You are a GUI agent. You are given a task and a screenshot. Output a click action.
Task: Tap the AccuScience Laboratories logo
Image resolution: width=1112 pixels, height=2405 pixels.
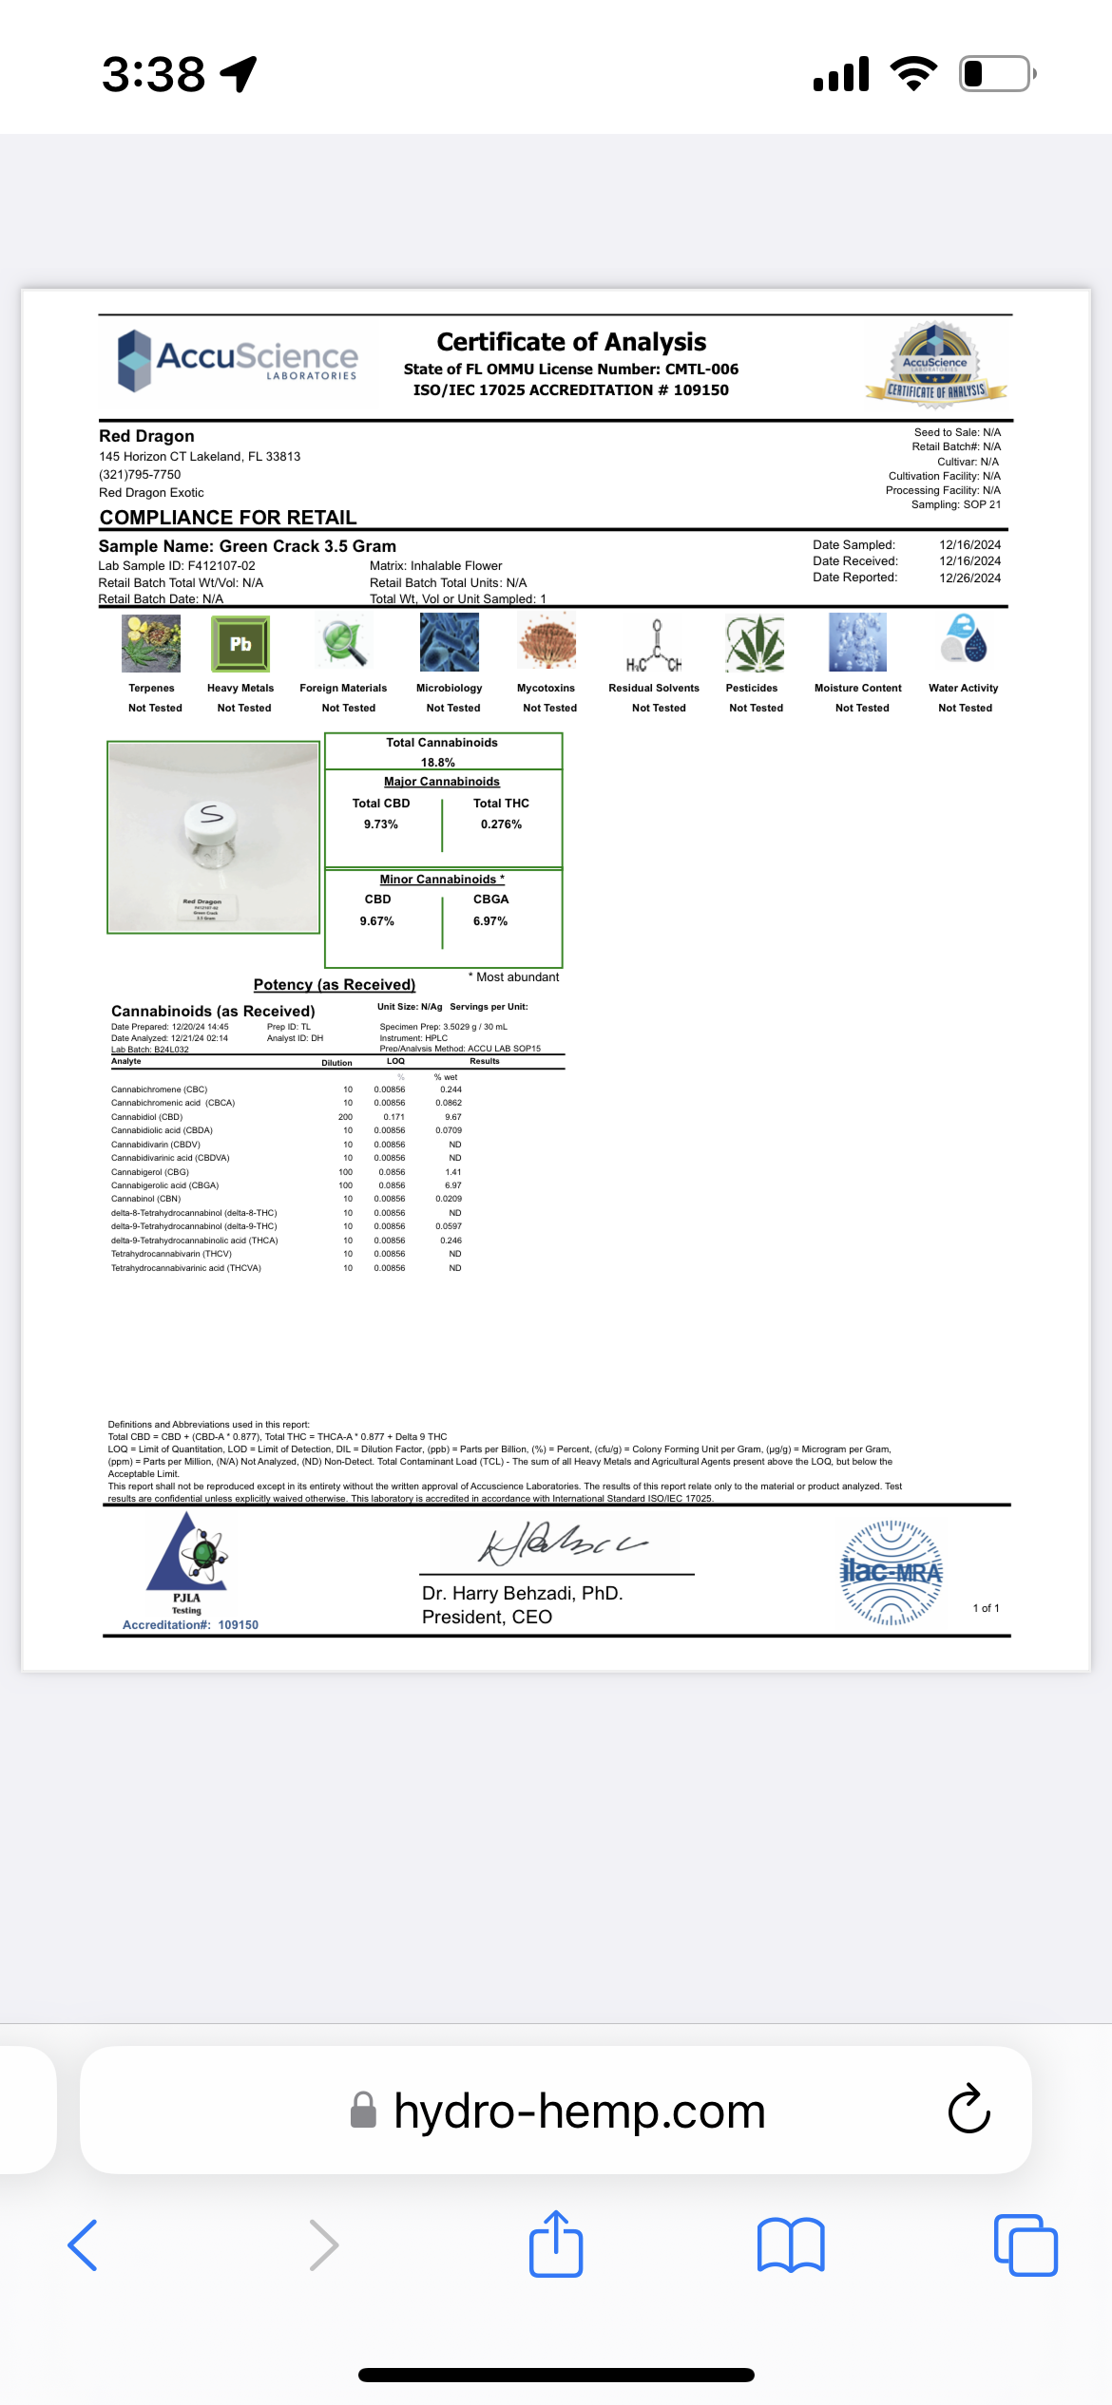[x=238, y=360]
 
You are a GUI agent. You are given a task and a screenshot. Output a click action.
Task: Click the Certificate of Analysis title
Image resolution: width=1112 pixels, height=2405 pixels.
[x=571, y=342]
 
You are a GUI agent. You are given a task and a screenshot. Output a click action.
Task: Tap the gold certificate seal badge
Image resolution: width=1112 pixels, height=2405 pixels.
[x=935, y=366]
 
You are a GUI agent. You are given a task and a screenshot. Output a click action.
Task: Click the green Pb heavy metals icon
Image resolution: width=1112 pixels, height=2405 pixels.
[x=240, y=643]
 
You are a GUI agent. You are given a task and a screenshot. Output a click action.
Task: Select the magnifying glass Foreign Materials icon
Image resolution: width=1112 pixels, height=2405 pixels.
[x=343, y=643]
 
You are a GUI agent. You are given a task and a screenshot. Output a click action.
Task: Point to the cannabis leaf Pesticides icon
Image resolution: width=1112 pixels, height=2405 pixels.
[x=755, y=643]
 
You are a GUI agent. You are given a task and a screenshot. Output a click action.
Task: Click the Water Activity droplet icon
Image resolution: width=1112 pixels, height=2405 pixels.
[x=964, y=638]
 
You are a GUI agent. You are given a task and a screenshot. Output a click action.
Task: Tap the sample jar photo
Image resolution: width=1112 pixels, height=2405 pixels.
[x=213, y=837]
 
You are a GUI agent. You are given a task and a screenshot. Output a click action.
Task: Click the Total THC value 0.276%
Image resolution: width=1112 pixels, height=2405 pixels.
[x=501, y=824]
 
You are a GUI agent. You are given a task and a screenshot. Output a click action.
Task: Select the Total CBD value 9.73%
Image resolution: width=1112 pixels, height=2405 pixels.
[x=380, y=824]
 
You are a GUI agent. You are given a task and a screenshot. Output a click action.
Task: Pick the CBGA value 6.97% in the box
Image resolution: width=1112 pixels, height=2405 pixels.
[x=490, y=921]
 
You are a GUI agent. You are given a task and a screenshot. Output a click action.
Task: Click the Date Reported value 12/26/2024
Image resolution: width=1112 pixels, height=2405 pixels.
[x=969, y=578]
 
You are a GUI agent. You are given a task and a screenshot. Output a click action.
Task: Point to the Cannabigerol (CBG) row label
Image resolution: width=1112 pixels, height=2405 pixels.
[x=150, y=1172]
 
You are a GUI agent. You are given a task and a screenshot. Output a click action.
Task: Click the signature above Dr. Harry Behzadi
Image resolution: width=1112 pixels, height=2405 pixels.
[x=561, y=1542]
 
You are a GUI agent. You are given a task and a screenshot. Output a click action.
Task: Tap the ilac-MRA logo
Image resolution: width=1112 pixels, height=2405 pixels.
[x=891, y=1572]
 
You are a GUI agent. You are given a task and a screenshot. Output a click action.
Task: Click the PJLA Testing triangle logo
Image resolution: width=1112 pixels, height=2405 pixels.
[x=188, y=1555]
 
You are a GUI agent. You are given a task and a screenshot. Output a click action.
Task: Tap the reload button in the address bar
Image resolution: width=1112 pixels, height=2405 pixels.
[x=969, y=2111]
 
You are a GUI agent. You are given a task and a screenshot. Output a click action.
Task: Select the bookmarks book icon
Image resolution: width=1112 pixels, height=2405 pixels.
[x=791, y=2245]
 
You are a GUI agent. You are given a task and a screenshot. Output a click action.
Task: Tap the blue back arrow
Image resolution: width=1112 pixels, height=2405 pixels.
[x=84, y=2245]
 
